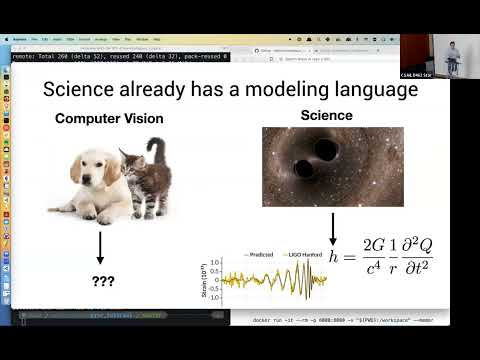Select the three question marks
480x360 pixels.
click(101, 283)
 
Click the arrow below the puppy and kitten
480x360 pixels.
click(101, 247)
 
